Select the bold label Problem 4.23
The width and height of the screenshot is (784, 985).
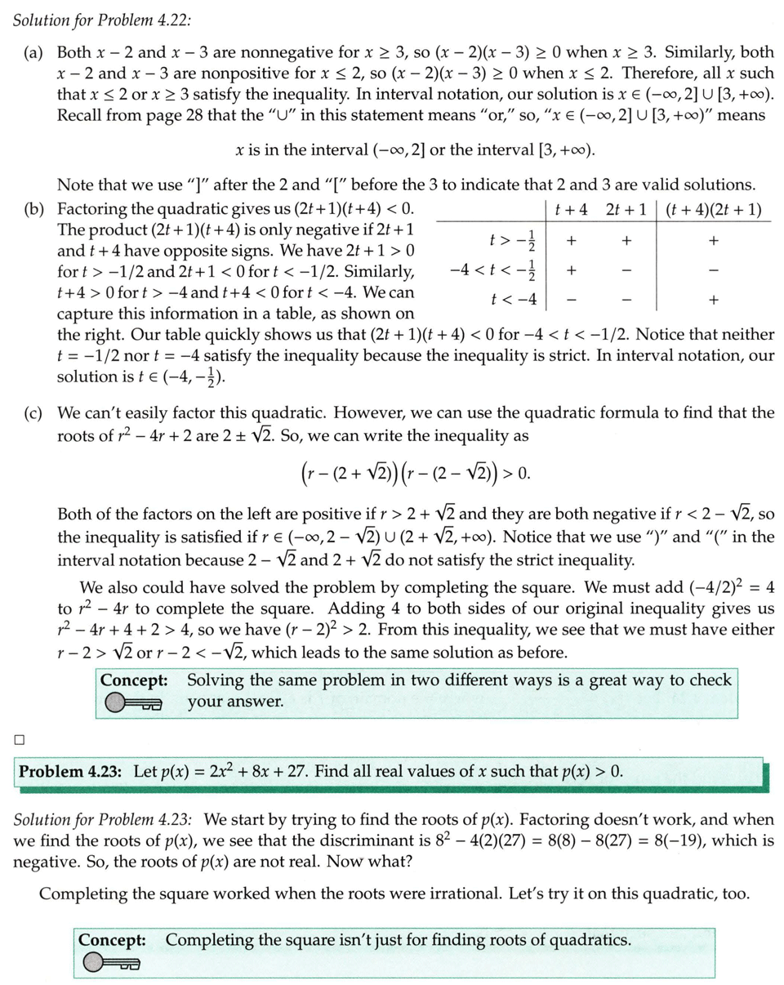pos(72,771)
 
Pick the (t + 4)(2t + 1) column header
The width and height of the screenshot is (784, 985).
pos(715,209)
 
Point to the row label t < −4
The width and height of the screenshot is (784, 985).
pos(514,299)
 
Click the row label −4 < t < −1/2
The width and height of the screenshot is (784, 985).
pos(495,269)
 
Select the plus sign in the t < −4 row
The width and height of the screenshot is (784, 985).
pos(714,300)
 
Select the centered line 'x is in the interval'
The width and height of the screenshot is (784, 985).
pos(415,150)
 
